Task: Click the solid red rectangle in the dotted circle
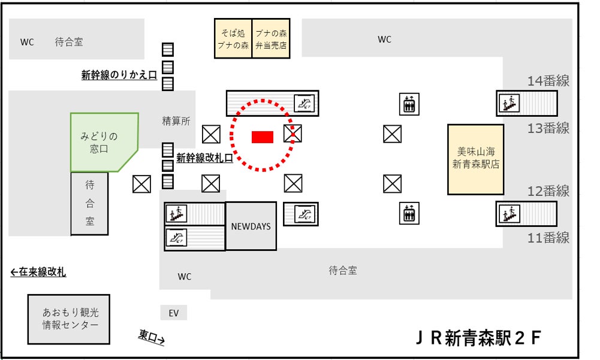click(263, 137)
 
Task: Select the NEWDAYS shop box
click(251, 226)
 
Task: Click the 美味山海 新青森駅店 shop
click(475, 159)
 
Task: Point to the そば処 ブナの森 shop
click(233, 38)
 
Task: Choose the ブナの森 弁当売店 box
click(271, 38)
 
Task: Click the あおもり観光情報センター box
click(70, 319)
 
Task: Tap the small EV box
click(174, 313)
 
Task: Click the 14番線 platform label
click(548, 81)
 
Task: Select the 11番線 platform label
click(548, 238)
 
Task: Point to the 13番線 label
click(548, 128)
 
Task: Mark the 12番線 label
click(548, 191)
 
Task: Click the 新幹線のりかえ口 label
click(119, 75)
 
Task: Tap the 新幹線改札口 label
click(204, 158)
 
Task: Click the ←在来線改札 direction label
click(38, 273)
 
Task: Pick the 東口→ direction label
click(151, 337)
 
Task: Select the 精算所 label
click(176, 121)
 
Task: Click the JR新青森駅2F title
click(478, 338)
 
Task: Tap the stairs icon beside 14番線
click(510, 104)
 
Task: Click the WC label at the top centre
click(384, 40)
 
